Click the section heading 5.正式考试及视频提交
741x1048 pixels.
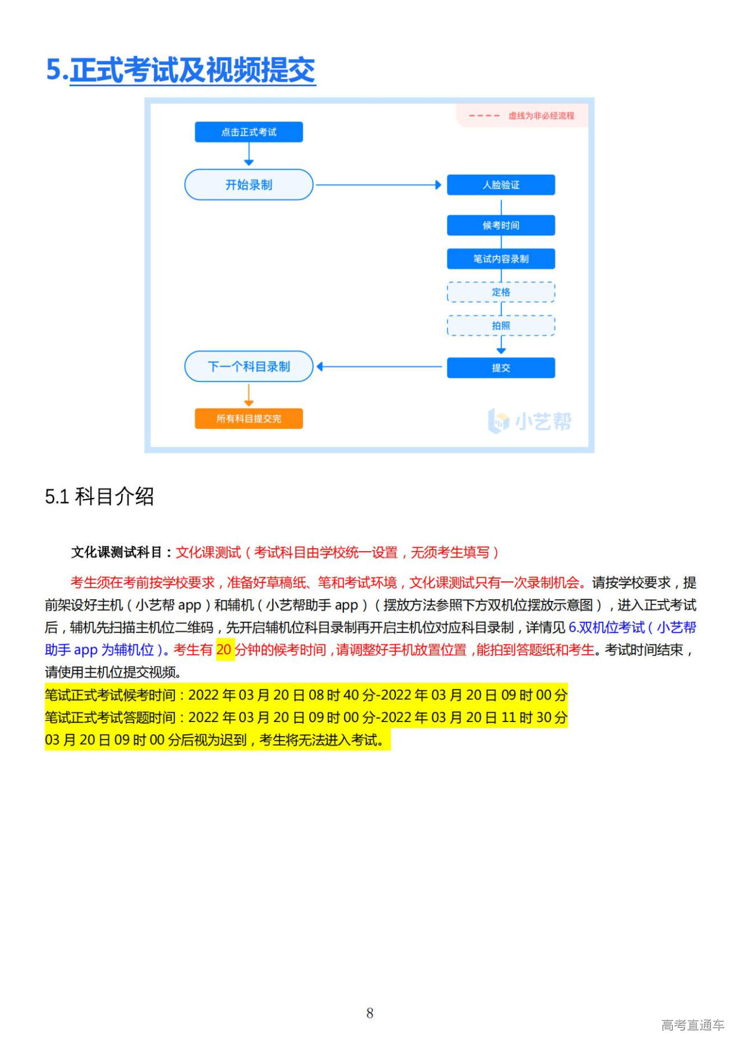[181, 70]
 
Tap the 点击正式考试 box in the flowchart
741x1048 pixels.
[248, 132]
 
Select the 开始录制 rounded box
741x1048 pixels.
[248, 185]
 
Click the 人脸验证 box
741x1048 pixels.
[501, 185]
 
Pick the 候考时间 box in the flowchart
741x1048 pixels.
[501, 225]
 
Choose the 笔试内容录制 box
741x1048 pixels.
[501, 259]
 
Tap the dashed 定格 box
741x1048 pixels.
[501, 292]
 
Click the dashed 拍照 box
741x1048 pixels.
[501, 326]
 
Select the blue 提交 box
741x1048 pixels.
[501, 368]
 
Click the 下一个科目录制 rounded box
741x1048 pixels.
[248, 367]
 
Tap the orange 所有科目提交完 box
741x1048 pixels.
[248, 419]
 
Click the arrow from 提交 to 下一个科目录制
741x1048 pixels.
[379, 367]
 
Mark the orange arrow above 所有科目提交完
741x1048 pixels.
[249, 395]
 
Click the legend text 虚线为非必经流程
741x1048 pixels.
[541, 116]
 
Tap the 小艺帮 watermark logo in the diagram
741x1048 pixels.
[530, 421]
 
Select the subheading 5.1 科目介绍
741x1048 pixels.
[100, 497]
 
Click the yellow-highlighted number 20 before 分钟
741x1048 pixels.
[224, 650]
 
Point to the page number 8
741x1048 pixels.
[370, 1013]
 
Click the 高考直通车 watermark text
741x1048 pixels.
[692, 1025]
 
